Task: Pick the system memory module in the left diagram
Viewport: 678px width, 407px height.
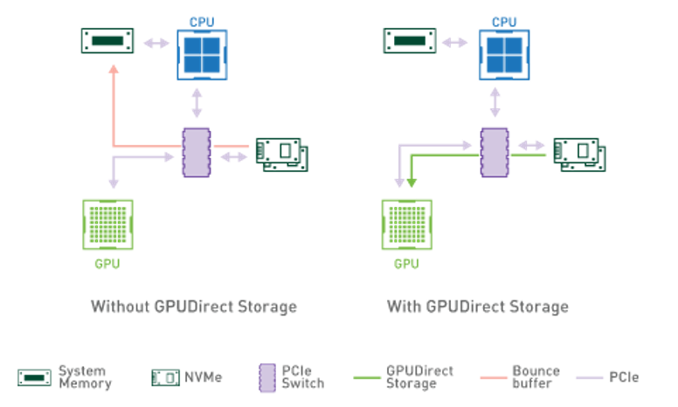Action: pos(107,40)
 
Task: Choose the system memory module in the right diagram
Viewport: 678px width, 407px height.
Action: pos(408,40)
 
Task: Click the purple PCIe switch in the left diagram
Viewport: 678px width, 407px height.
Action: pos(196,153)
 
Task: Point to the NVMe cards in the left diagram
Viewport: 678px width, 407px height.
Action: pos(280,154)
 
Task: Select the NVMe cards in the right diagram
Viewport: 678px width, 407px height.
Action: pos(580,154)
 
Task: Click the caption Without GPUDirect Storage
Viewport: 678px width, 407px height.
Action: pos(194,307)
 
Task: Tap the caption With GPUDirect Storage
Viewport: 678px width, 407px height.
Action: pos(477,307)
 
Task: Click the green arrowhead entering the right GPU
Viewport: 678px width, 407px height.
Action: pos(409,182)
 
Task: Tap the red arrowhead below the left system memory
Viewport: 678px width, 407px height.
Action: pos(114,70)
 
